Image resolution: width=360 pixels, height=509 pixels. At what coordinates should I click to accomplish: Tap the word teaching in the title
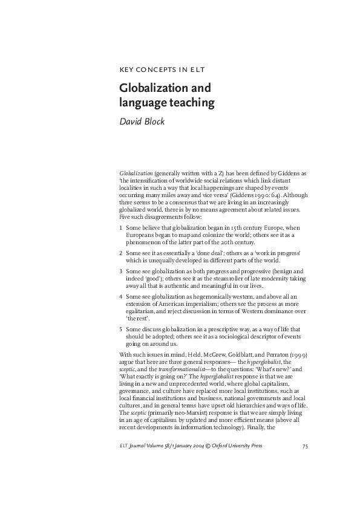tap(190, 103)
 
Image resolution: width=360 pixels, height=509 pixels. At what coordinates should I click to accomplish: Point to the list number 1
tap(121, 227)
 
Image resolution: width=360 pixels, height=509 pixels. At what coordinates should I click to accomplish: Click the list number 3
tap(121, 272)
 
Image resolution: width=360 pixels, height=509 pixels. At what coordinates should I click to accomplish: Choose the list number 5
tap(121, 329)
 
